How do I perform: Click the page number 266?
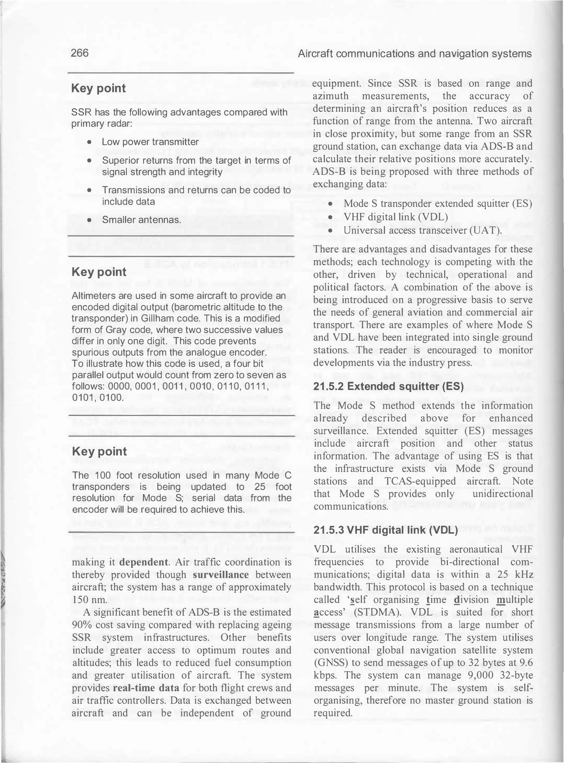click(x=80, y=53)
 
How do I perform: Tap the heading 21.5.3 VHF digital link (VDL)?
click(x=386, y=530)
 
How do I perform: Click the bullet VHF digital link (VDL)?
click(x=396, y=217)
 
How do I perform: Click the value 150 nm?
click(x=85, y=599)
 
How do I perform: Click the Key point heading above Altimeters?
click(x=99, y=272)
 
